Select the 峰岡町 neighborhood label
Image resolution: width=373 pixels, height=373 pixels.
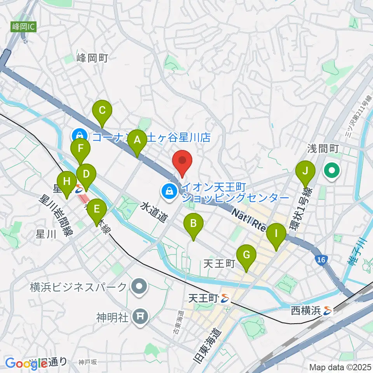(x=92, y=58)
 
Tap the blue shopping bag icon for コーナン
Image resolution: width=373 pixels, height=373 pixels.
(x=79, y=136)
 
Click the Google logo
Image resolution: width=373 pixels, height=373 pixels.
(x=25, y=363)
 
